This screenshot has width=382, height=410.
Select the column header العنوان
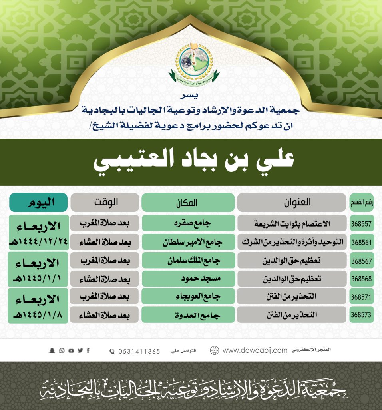pyautogui.click(x=291, y=202)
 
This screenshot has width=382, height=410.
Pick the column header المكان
pyautogui.click(x=188, y=202)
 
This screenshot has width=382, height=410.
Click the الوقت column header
pyautogui.click(x=105, y=202)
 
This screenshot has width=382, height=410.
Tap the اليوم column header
pyautogui.click(x=38, y=202)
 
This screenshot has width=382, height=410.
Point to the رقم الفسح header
pyautogui.click(x=362, y=202)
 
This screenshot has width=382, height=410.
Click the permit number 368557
pyautogui.click(x=362, y=224)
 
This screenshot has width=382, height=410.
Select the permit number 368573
pyautogui.click(x=362, y=315)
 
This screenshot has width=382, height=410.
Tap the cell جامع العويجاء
pyautogui.click(x=188, y=297)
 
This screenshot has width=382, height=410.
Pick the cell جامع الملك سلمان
pyautogui.click(x=188, y=260)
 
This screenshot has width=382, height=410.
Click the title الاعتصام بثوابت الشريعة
pyautogui.click(x=291, y=223)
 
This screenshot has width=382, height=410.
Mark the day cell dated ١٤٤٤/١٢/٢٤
pyautogui.click(x=38, y=233)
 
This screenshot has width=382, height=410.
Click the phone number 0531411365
pyautogui.click(x=139, y=351)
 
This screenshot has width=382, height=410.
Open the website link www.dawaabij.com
pyautogui.click(x=255, y=350)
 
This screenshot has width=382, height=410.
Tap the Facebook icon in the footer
pyautogui.click(x=88, y=350)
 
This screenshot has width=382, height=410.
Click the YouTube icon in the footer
pyautogui.click(x=71, y=351)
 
